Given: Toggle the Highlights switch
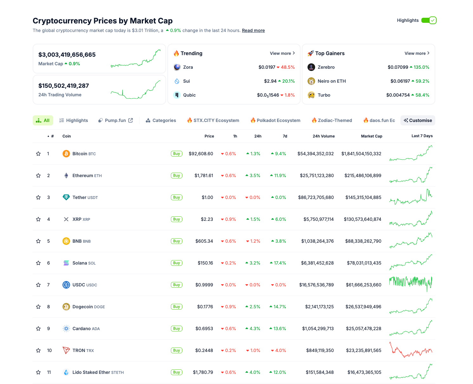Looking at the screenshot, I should click(x=429, y=20).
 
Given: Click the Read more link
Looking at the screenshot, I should click(x=253, y=30).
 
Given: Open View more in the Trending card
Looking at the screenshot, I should click(x=282, y=53).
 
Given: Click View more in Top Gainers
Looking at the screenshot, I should click(x=417, y=53).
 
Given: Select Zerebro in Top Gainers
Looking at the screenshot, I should click(x=326, y=67).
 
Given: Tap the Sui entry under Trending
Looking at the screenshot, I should click(x=186, y=81).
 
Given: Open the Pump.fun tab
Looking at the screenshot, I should click(x=115, y=120).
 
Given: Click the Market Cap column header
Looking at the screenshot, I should click(x=371, y=136).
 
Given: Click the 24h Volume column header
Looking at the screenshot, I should click(x=323, y=136).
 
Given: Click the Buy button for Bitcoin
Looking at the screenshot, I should click(x=177, y=154).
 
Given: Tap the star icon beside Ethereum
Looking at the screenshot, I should click(x=38, y=176).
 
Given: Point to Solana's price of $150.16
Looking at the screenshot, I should click(x=205, y=263).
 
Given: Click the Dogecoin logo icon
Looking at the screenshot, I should click(x=66, y=307).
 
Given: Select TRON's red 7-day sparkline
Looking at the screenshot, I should click(x=411, y=350).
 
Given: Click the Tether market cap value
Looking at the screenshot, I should click(x=363, y=197).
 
